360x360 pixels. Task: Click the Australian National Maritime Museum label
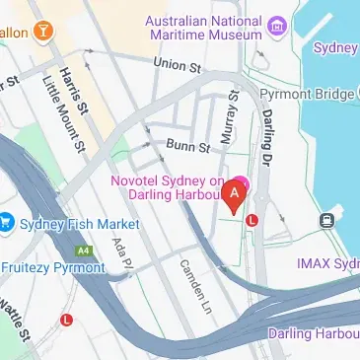point(203,29)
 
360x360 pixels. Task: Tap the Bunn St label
point(187,148)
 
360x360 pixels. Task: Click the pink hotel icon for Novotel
point(239,182)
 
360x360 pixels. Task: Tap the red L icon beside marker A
point(252,220)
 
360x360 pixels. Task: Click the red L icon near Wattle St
point(67,320)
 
